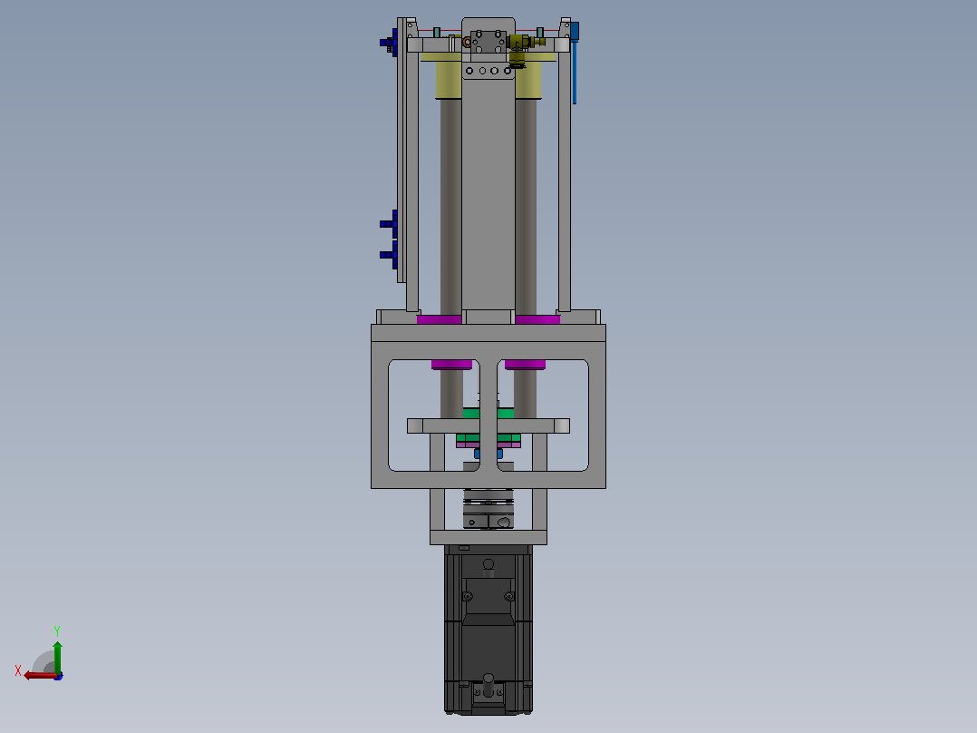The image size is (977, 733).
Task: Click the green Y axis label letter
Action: coord(57,630)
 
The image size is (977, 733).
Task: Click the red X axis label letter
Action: coord(18,670)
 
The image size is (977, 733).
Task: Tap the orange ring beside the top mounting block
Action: coord(467,43)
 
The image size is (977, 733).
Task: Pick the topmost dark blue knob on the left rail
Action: coord(389,43)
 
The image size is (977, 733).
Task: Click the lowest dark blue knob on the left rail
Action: coord(389,255)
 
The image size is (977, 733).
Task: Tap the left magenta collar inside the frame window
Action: coord(451,365)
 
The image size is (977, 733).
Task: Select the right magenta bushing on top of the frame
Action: coord(537,320)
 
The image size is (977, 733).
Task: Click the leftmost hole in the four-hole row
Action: coord(469,71)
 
